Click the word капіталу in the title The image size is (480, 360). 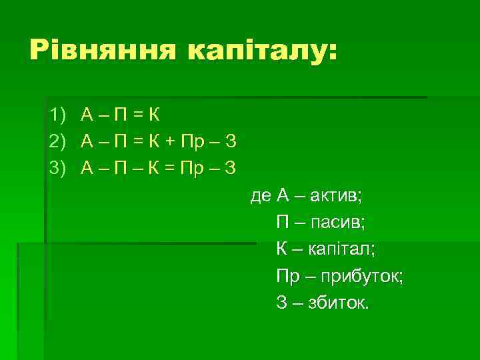(x=263, y=52)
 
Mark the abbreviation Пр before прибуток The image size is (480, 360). (x=287, y=276)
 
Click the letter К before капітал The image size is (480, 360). (x=282, y=249)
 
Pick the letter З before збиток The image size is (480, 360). (x=281, y=303)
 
